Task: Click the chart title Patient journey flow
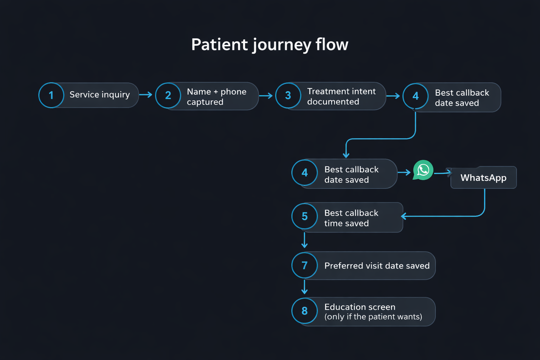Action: pos(270,45)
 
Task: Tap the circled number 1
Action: pos(51,95)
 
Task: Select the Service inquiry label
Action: pos(99,95)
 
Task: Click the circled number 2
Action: pos(168,95)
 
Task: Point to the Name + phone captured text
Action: pos(216,97)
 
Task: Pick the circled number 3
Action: pos(288,95)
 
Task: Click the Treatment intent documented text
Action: pos(341,96)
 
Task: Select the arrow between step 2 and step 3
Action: pos(266,96)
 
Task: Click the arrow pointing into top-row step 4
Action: pos(393,96)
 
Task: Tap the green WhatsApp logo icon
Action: pos(423,170)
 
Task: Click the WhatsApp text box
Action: pos(483,178)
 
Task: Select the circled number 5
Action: pos(304,216)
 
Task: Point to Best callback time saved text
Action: pos(351,218)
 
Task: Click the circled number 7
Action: pos(304,265)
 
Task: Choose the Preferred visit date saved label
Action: pos(377,266)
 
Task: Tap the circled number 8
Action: pos(304,311)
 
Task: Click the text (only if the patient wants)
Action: pos(373,317)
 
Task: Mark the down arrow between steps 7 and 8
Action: pos(304,287)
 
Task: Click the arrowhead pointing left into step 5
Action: pos(404,216)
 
